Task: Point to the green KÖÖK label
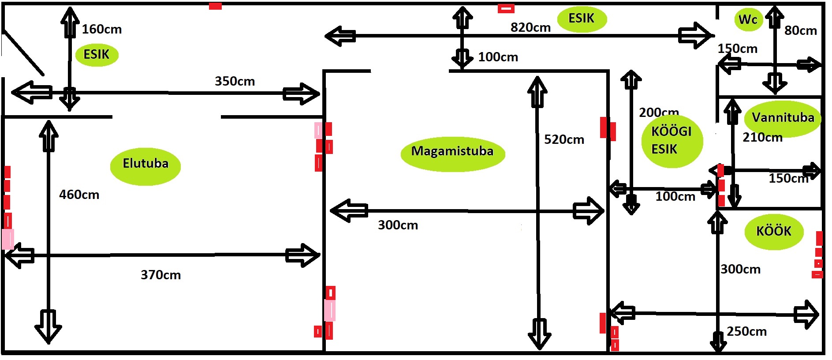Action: [x=774, y=232]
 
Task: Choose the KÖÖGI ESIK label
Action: [x=672, y=141]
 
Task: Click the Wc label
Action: [x=748, y=20]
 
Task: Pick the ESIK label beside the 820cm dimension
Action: [x=582, y=19]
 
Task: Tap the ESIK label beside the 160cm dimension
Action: [x=97, y=55]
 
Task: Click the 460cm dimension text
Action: [x=79, y=195]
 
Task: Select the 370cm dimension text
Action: [x=161, y=275]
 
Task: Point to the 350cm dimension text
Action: [x=235, y=81]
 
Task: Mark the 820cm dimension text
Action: [x=530, y=27]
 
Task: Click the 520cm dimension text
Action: [x=564, y=139]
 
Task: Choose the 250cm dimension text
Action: [x=746, y=331]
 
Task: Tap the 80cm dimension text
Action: [x=800, y=30]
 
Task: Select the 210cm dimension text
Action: [x=762, y=137]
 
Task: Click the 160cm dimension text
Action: [x=102, y=29]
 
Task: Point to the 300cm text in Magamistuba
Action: [x=398, y=225]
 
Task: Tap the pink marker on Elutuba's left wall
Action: [x=7, y=239]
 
